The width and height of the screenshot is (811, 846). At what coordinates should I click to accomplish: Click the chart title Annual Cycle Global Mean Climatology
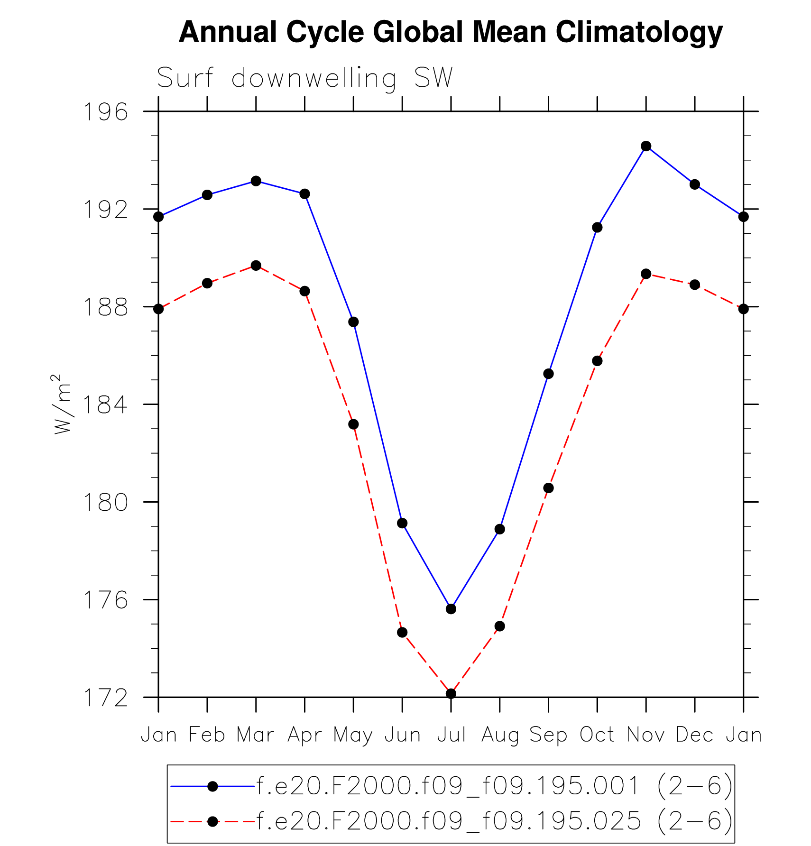(451, 32)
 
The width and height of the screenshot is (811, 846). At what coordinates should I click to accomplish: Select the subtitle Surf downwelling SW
(304, 78)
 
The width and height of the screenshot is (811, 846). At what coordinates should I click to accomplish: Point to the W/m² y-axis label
(62, 404)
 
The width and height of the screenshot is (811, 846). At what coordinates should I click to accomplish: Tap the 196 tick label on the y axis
(106, 112)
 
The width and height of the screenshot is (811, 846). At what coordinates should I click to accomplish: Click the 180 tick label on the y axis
(106, 502)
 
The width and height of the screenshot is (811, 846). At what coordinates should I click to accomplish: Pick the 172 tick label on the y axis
(106, 698)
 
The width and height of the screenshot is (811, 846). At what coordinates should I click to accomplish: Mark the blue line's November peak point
(646, 146)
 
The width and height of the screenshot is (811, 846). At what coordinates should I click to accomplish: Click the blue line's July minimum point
(451, 609)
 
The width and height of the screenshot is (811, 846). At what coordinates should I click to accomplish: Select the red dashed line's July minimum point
(451, 694)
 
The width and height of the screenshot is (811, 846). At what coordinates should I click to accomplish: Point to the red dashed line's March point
(256, 266)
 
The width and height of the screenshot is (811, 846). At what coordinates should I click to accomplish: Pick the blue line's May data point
(353, 322)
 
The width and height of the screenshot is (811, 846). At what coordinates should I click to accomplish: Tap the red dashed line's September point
(549, 488)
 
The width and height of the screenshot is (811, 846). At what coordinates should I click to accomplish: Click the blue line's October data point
(597, 228)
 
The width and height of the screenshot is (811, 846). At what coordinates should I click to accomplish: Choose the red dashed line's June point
(402, 633)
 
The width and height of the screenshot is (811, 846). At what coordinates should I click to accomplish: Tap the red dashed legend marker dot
(213, 821)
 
